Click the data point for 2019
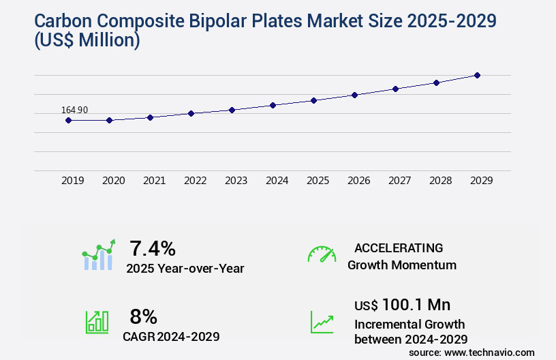click(68, 120)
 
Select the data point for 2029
click(477, 75)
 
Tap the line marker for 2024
click(273, 105)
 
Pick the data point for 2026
click(354, 95)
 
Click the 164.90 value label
click(74, 110)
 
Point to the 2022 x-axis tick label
click(195, 181)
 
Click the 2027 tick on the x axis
click(399, 181)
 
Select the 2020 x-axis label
click(113, 181)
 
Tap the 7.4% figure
click(153, 248)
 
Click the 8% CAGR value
click(143, 316)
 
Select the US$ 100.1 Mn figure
click(402, 305)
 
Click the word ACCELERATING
click(398, 248)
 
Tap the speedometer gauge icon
click(322, 254)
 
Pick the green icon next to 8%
click(97, 322)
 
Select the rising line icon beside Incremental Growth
click(322, 322)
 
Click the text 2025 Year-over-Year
click(185, 269)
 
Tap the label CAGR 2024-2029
click(171, 336)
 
